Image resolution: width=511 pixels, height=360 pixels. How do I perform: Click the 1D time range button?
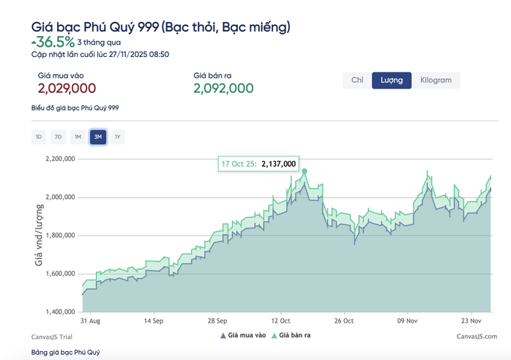38,136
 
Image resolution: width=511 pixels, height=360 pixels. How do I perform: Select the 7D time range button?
58,136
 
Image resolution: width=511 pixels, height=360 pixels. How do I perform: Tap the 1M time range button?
78,136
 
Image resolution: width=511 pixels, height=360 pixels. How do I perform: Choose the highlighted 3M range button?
97,136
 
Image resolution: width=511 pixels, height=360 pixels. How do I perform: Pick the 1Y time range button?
117,136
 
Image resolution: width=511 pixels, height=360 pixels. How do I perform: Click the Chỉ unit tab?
357,80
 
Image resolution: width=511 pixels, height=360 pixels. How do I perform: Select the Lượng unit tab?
392,80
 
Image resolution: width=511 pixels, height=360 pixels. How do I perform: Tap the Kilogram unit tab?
436,80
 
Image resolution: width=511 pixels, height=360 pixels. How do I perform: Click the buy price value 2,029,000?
67,89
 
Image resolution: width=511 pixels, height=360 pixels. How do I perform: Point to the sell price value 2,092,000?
223,89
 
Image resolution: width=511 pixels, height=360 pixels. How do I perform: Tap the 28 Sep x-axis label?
217,320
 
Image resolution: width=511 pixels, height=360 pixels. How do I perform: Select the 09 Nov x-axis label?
406,320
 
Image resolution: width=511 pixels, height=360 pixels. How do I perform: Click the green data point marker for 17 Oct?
304,171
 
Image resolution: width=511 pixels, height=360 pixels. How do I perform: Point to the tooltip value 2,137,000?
278,164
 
